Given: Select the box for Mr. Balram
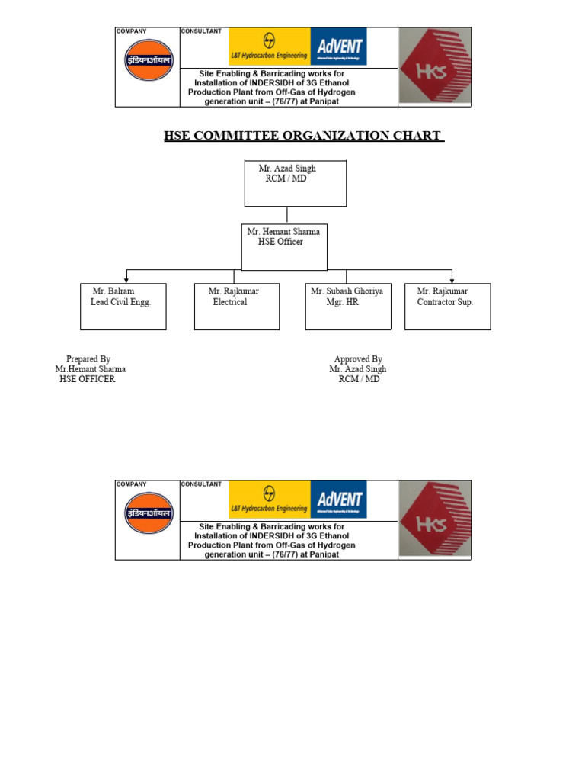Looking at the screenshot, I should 123,307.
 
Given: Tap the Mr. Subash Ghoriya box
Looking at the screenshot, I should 348,307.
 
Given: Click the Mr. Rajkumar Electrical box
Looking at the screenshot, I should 237,307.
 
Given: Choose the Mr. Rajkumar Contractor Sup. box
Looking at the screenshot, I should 447,307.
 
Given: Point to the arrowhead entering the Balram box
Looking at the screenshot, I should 126,280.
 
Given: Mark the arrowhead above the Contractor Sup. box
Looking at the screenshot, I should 452,280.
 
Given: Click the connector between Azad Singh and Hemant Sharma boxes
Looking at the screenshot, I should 287,215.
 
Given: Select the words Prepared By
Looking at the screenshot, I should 88,359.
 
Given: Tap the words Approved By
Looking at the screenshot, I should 358,359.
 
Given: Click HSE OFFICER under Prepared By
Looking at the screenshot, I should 88,379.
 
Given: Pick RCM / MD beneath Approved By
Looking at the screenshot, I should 359,379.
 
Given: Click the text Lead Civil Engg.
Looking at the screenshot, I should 121,302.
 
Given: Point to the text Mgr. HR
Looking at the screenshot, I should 342,302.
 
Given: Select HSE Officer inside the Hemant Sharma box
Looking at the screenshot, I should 280,242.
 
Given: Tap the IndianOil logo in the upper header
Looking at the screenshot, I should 149,60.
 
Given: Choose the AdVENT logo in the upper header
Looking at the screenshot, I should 339,47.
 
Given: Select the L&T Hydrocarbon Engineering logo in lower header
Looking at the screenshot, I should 270,500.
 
